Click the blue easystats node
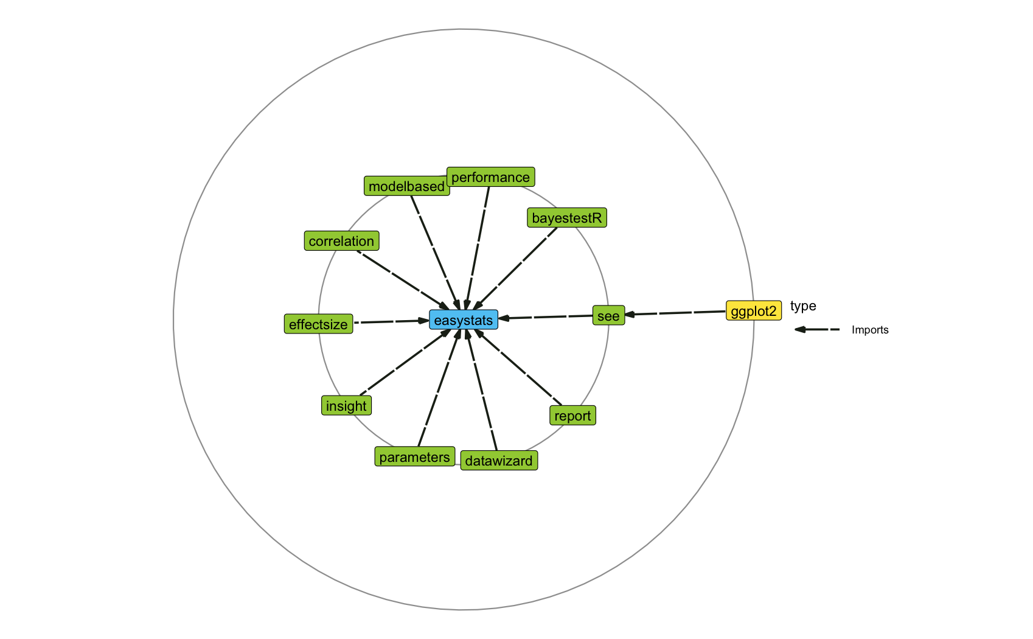coord(464,319)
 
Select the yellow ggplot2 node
coord(753,311)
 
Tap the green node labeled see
coord(608,316)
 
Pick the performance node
coord(490,177)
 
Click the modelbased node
coord(406,186)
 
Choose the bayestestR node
coord(566,218)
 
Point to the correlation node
coord(341,241)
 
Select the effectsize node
coord(318,324)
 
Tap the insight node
coord(346,406)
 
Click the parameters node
coord(414,457)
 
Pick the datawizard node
coord(499,461)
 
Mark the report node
coord(572,416)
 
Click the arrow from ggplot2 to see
coord(675,313)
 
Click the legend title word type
coord(803,306)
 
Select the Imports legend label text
coord(870,330)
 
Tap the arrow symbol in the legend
coord(817,330)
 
